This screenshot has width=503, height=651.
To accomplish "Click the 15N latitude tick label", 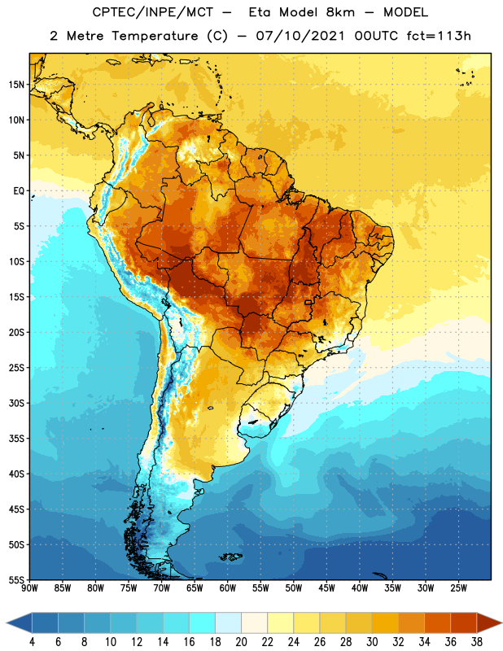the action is pyautogui.click(x=16, y=85).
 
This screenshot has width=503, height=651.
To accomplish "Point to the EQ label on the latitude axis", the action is pyautogui.click(x=19, y=191).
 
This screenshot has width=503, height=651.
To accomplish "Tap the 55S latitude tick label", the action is pyautogui.click(x=16, y=579).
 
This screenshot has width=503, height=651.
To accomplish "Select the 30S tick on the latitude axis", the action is pyautogui.click(x=16, y=403).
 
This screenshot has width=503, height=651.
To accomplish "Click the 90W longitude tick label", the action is pyautogui.click(x=29, y=588).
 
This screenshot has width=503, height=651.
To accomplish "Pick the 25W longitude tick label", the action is pyautogui.click(x=458, y=588).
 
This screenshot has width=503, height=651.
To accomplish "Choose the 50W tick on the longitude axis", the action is pyautogui.click(x=294, y=588).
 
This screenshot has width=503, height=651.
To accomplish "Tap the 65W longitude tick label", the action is pyautogui.click(x=195, y=588).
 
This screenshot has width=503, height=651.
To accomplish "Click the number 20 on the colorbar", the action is pyautogui.click(x=241, y=642).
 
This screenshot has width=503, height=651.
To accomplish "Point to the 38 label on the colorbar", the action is pyautogui.click(x=477, y=642).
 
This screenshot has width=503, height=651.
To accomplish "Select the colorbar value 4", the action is pyautogui.click(x=32, y=642).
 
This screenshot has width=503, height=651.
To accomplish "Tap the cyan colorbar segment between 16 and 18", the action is pyautogui.click(x=203, y=623).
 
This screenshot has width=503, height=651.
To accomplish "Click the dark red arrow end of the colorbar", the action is pyautogui.click(x=489, y=623).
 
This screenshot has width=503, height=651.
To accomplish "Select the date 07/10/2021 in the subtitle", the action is pyautogui.click(x=300, y=36).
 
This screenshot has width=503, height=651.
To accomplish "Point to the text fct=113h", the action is pyautogui.click(x=439, y=36).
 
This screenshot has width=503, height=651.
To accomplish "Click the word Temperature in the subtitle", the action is pyautogui.click(x=155, y=36).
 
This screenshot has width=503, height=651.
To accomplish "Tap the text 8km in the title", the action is pyautogui.click(x=340, y=12).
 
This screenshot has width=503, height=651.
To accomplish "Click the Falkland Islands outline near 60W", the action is pyautogui.click(x=231, y=557).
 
